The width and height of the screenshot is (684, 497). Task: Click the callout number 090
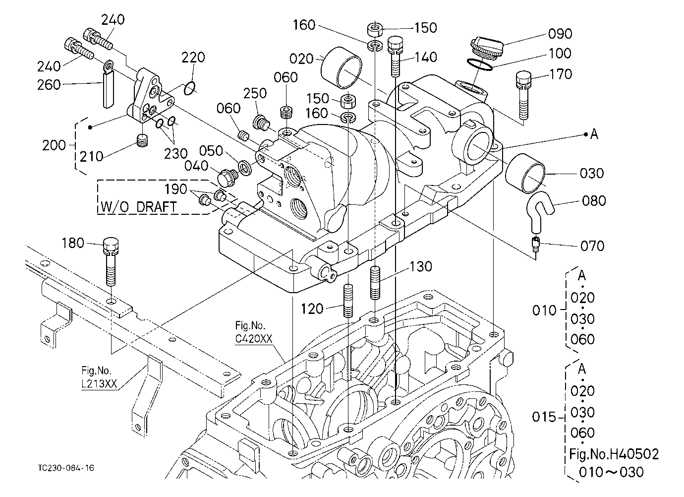(560, 34)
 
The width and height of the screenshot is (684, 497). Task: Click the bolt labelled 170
(523, 95)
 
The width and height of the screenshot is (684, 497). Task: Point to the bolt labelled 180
(111, 261)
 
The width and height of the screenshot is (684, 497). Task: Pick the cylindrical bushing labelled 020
(341, 67)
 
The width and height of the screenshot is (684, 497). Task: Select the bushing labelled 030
(525, 173)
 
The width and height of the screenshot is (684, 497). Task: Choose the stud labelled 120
(348, 300)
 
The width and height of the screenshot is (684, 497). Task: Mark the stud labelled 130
(375, 283)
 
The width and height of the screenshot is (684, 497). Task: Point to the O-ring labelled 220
(189, 88)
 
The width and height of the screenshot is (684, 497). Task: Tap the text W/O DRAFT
(138, 207)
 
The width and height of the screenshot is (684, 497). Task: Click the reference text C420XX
(253, 339)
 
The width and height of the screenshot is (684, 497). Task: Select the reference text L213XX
(99, 383)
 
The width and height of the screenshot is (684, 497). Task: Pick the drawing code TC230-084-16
(66, 468)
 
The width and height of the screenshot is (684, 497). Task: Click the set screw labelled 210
(142, 140)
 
